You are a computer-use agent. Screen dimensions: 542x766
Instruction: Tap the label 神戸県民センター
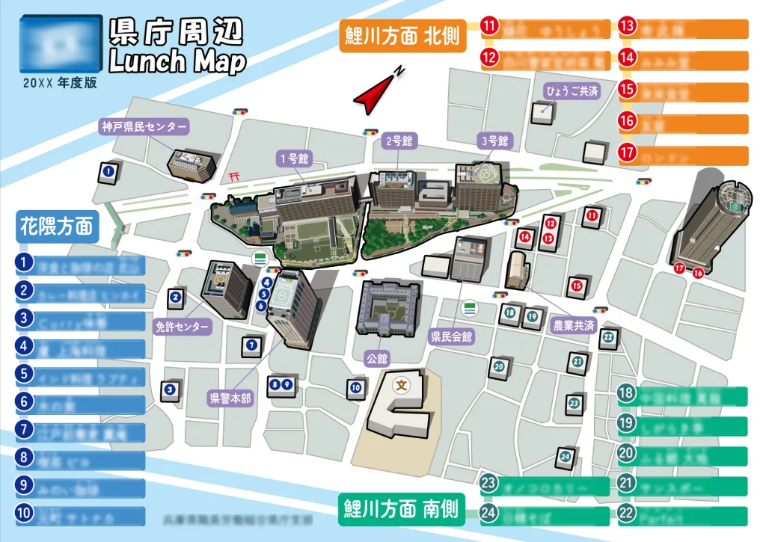145,126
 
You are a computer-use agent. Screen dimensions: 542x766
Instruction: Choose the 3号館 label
494,140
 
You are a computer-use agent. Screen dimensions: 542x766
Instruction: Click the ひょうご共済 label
572,91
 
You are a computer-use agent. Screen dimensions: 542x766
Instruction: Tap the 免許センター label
183,327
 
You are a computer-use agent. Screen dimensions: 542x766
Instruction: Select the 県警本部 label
230,398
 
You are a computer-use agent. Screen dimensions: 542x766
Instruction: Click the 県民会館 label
452,337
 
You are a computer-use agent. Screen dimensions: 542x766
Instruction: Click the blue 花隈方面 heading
57,224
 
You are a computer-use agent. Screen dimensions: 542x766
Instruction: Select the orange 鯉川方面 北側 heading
402,35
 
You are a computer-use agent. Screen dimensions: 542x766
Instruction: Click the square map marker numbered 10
356,387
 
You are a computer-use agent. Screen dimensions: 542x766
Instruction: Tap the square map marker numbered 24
566,456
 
